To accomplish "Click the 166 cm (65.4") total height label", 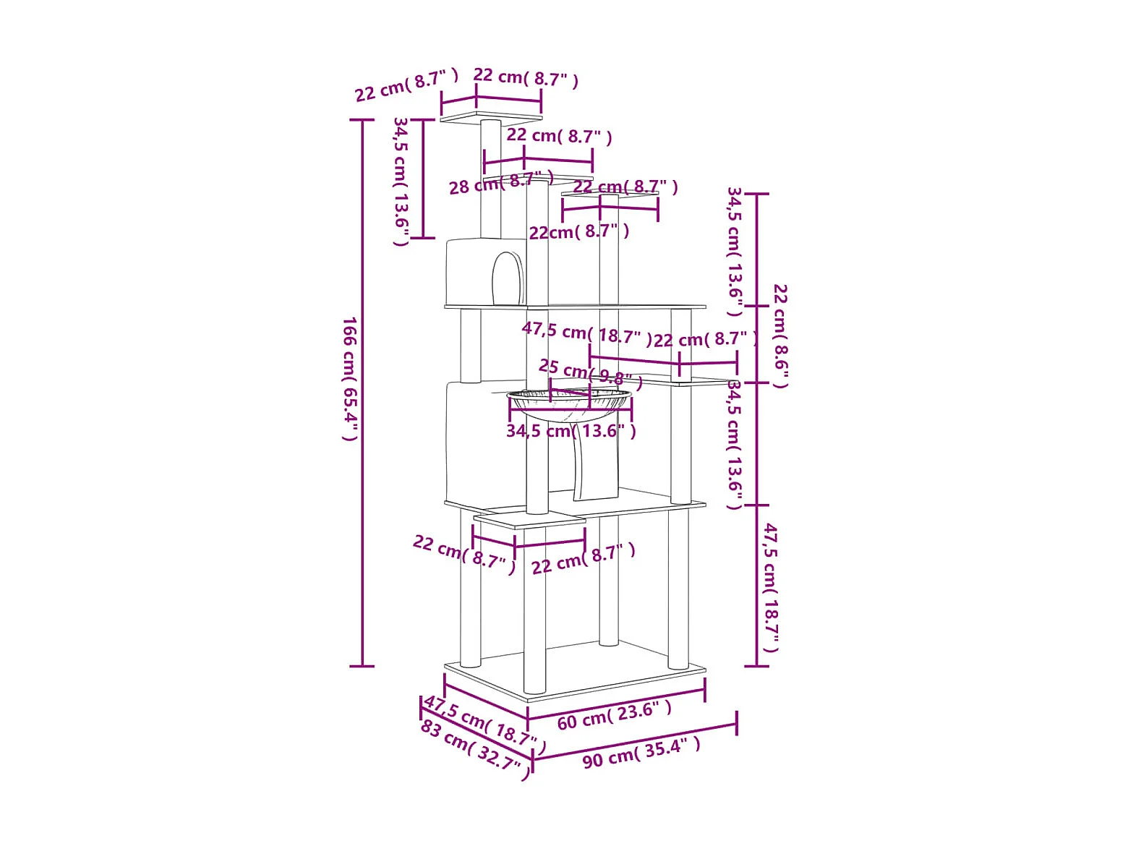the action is pos(350,378).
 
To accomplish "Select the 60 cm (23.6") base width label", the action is pos(615,715).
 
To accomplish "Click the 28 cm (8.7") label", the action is pos(500,183).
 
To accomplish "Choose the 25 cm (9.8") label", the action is pos(590,373).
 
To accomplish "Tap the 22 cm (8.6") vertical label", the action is pos(780,336).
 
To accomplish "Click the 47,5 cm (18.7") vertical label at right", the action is pos(771,587).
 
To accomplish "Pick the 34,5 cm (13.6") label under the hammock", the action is pos(571,432).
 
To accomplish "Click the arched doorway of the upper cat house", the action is pos(508,278).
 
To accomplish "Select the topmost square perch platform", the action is pos(491,117).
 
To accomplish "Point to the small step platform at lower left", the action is pos(529,521).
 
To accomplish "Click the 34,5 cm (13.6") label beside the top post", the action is pos(401,181).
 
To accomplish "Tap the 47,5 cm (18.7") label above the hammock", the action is pos(586,333).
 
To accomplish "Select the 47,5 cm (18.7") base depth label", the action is pos(484,724).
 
